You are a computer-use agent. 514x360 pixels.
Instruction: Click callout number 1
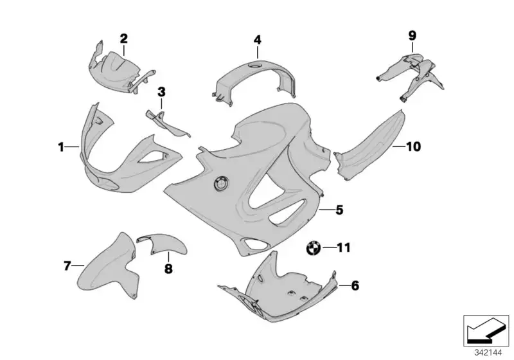(61, 147)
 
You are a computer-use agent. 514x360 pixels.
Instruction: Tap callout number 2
(123, 39)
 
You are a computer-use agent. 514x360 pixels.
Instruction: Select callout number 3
(161, 92)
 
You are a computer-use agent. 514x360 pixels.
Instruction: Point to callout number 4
(258, 40)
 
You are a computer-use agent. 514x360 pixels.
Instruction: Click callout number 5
(339, 210)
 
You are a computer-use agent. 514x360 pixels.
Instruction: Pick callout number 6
(355, 285)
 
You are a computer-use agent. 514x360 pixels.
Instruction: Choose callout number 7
(67, 265)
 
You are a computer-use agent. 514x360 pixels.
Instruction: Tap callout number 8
(168, 269)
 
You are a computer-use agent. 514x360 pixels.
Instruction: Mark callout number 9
(412, 35)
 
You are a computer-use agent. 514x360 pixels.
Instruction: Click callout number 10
(413, 147)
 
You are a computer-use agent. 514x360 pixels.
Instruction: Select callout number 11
(344, 248)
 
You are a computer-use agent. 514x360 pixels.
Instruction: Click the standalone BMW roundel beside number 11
(313, 248)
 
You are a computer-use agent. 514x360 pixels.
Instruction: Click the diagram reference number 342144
(488, 353)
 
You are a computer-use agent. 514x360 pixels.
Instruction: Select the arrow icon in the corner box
(486, 332)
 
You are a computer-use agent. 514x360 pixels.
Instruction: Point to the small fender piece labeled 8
(163, 244)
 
